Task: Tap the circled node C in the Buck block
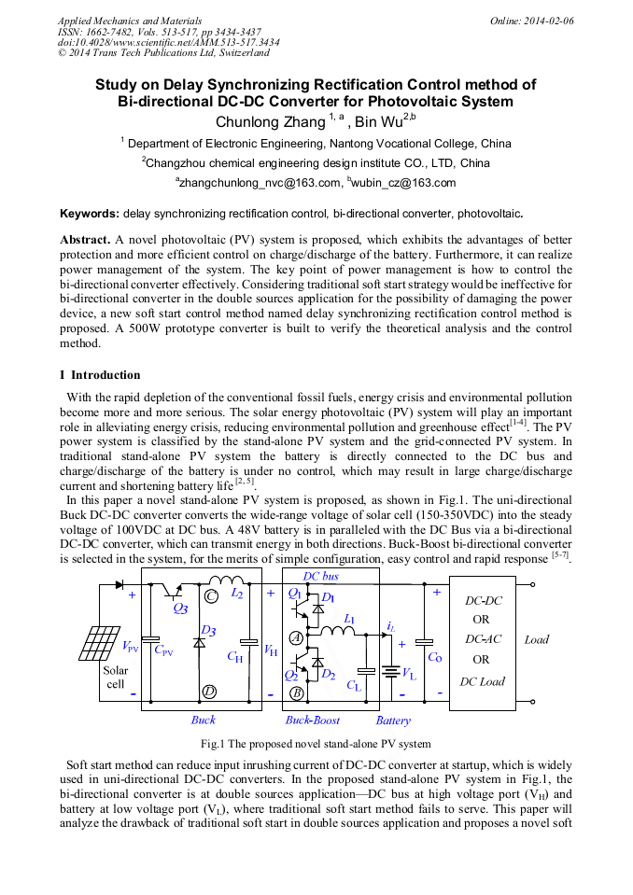click(211, 595)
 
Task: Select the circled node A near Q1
click(296, 637)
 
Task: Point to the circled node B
click(296, 693)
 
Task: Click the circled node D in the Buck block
click(210, 692)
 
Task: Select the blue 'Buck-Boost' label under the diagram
click(313, 720)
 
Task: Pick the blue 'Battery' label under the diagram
click(393, 720)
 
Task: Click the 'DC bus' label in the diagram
click(321, 576)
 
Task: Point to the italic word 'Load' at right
click(537, 639)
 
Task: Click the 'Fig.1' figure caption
click(316, 744)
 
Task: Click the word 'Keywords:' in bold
click(90, 214)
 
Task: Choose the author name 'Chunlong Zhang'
click(270, 121)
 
